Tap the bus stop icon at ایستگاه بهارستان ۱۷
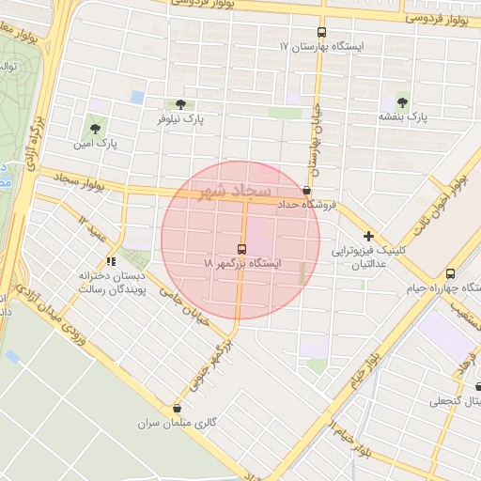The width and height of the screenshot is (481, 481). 321,30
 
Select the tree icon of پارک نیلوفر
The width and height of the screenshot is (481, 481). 179,104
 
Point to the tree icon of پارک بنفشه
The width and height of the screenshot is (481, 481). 403,101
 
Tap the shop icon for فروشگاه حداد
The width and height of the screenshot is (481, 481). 307,190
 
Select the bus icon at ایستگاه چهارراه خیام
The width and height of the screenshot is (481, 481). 451,273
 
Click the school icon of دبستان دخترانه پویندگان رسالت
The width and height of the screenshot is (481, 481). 111,261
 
